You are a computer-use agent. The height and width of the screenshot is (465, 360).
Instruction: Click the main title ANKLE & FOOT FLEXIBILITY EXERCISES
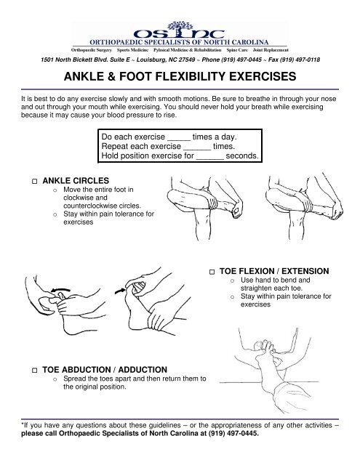coord(180,77)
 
